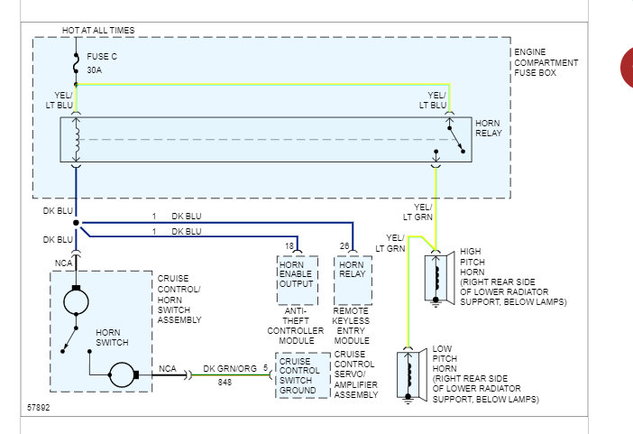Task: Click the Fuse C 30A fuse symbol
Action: (76, 63)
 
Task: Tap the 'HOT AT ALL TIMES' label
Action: (98, 31)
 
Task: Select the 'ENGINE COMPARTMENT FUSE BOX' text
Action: (546, 62)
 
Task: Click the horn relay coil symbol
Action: (77, 140)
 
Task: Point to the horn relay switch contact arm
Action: (456, 140)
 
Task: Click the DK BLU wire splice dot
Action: (76, 223)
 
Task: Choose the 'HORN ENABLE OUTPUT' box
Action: (298, 280)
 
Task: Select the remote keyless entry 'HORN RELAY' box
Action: (353, 280)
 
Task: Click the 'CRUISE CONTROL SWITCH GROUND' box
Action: (303, 375)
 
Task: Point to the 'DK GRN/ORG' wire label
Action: (230, 368)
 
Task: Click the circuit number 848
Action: (225, 383)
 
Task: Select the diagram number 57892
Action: (39, 407)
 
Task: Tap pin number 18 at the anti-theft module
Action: (289, 246)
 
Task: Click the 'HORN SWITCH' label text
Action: (112, 337)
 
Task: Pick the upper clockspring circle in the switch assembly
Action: (76, 301)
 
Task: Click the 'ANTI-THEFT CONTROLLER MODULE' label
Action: (296, 326)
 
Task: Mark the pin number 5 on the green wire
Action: (265, 368)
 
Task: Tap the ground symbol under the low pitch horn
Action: (408, 400)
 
